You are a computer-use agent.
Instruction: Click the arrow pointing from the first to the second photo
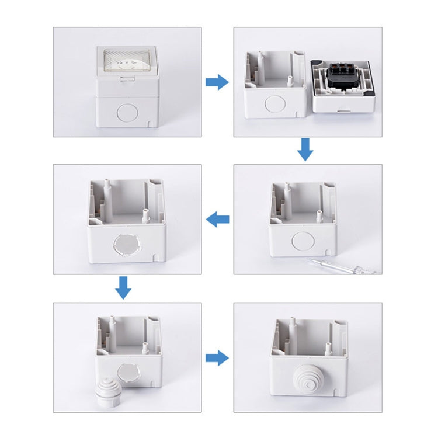217,82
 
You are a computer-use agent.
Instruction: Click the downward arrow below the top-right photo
305,150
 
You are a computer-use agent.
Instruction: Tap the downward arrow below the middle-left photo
122,287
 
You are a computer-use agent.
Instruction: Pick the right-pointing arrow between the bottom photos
217,358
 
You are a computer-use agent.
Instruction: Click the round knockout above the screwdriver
303,241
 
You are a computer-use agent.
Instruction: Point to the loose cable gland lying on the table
109,391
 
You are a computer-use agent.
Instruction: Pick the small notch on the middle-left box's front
155,256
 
